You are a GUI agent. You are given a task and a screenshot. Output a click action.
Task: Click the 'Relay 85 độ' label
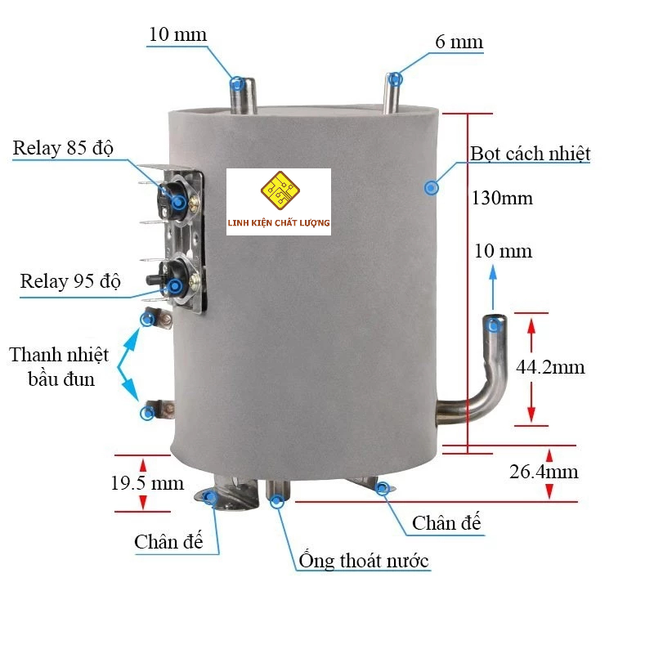(x=63, y=149)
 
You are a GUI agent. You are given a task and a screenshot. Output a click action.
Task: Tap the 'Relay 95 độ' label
(x=70, y=281)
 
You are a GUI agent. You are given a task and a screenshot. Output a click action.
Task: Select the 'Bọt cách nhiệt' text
(x=530, y=154)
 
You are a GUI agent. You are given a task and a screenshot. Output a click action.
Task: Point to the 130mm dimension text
(x=502, y=198)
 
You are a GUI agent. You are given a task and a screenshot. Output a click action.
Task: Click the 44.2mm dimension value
(x=550, y=367)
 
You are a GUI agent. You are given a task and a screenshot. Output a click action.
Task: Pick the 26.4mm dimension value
(x=544, y=472)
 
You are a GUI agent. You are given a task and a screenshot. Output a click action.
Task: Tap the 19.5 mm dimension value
(x=147, y=483)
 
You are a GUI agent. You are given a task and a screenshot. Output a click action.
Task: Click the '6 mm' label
(x=459, y=43)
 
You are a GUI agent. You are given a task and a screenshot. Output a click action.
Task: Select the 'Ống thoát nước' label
(x=364, y=560)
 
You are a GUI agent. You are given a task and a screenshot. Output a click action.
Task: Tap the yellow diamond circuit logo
(x=280, y=190)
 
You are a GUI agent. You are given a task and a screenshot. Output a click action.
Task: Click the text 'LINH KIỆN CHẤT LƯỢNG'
(x=279, y=222)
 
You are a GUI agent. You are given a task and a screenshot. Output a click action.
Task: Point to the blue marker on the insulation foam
(x=432, y=188)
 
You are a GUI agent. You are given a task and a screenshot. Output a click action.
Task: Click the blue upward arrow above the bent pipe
(x=493, y=288)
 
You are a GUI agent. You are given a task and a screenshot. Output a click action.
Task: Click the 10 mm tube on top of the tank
(x=243, y=96)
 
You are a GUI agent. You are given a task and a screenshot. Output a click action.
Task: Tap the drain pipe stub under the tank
(x=278, y=492)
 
